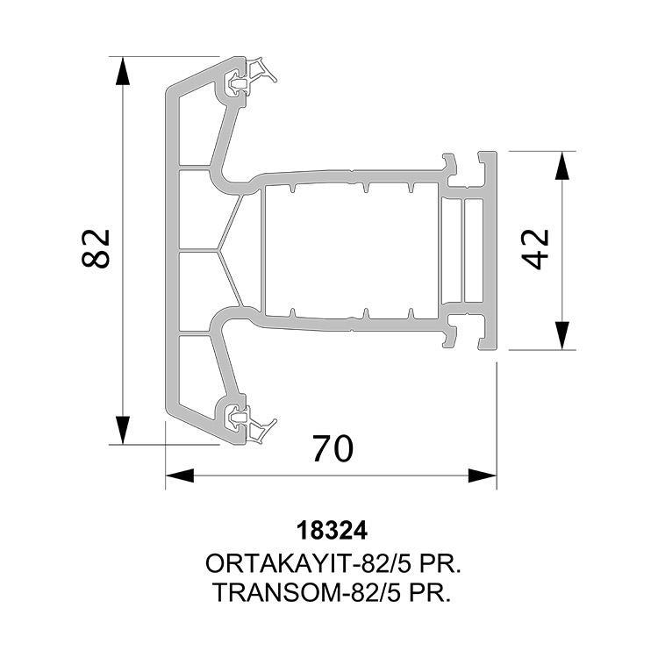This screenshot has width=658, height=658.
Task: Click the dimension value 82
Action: tap(96, 248)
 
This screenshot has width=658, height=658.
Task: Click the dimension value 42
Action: tap(535, 249)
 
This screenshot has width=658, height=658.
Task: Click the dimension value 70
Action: tap(333, 448)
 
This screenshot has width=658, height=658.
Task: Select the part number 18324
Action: tap(332, 531)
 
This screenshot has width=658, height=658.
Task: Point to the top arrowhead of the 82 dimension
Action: tap(122, 70)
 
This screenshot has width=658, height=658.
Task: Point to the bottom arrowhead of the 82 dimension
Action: tap(122, 430)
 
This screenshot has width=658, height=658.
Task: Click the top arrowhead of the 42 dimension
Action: tap(561, 165)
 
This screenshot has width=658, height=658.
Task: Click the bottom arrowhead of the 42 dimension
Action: tap(561, 335)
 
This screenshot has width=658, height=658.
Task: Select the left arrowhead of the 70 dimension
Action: tap(180, 476)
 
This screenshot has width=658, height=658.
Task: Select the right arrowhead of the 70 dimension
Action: tap(483, 476)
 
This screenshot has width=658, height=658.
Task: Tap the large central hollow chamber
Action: tap(352, 250)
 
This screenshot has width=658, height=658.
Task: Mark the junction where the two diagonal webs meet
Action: tap(218, 251)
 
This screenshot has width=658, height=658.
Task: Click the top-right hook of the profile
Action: tap(450, 165)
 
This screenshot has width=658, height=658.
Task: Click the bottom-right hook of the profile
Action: tap(450, 337)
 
